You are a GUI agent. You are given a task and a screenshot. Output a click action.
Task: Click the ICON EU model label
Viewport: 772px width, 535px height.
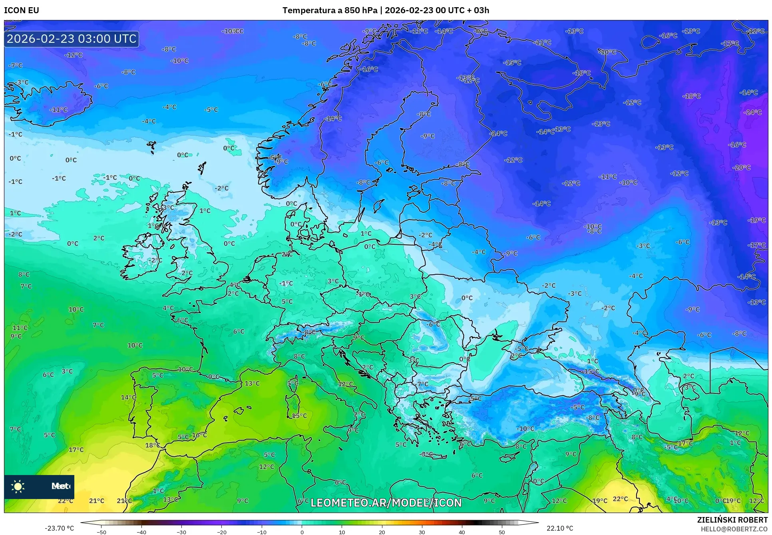click(x=22, y=10)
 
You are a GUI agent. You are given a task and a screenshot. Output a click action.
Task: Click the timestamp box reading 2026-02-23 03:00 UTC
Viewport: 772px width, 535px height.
click(x=72, y=39)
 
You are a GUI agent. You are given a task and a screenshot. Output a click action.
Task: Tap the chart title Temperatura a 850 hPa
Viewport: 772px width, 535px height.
click(x=330, y=10)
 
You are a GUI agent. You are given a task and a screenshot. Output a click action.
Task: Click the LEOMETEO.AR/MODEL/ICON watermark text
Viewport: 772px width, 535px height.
click(x=386, y=503)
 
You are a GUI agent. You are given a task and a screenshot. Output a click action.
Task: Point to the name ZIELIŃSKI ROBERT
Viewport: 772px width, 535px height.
click(x=732, y=520)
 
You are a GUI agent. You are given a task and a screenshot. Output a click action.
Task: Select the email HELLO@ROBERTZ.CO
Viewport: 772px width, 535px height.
click(x=734, y=529)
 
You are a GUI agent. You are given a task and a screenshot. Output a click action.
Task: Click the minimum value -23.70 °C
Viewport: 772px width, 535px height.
click(x=59, y=528)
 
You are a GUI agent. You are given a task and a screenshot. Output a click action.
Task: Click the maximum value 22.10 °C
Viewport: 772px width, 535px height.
click(x=559, y=528)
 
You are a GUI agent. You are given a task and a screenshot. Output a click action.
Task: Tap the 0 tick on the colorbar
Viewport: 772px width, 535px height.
click(x=302, y=532)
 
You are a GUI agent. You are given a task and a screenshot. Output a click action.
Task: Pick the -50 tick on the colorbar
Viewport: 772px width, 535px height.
click(x=101, y=532)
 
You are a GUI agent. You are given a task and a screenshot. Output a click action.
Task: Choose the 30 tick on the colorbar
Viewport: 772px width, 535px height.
click(x=422, y=532)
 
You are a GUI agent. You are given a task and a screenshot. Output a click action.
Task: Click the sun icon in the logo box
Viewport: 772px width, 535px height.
click(x=18, y=486)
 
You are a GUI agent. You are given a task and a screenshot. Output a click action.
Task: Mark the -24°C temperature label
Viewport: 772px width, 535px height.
click(x=752, y=112)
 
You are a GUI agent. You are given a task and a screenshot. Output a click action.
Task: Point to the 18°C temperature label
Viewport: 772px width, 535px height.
click(x=152, y=445)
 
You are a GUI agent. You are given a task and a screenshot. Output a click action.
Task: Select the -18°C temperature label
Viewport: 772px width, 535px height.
click(x=691, y=96)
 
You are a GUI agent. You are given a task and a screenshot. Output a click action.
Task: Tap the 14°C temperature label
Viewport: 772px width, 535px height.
click(x=128, y=397)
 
